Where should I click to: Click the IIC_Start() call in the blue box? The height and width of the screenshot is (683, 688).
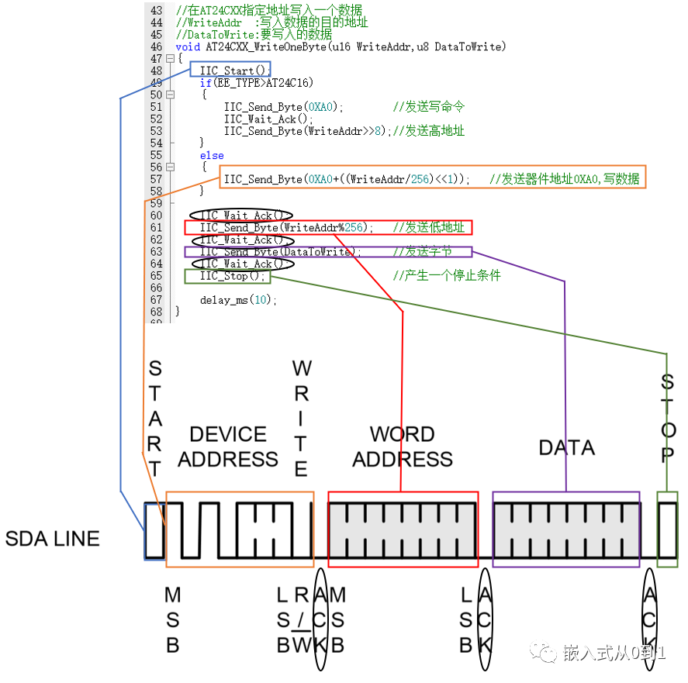click(x=230, y=71)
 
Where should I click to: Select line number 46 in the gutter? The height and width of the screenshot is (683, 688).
click(x=156, y=47)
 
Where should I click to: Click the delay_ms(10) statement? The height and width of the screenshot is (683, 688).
click(x=238, y=300)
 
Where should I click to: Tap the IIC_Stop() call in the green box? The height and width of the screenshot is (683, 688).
click(x=227, y=276)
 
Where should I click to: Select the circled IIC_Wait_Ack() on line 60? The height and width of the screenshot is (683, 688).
click(x=243, y=216)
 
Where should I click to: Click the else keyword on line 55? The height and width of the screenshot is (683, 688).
click(x=212, y=155)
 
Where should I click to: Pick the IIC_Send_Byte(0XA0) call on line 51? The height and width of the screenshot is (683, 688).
click(x=283, y=107)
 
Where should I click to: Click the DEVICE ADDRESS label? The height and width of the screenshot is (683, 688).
click(x=228, y=447)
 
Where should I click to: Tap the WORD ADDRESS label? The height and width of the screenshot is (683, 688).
click(x=403, y=447)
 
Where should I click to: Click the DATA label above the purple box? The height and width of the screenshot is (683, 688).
click(x=567, y=448)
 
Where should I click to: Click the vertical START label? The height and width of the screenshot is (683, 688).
click(x=155, y=419)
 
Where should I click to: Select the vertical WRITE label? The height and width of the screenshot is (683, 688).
click(x=301, y=419)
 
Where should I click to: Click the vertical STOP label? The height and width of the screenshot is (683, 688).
click(x=667, y=419)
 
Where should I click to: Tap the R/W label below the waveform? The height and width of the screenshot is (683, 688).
click(x=301, y=620)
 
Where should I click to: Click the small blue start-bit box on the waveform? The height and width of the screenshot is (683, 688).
click(x=154, y=531)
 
